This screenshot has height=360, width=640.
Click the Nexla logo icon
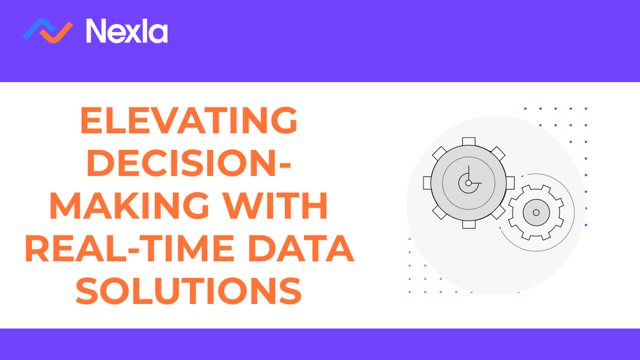47,30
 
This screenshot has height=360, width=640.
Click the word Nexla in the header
127,31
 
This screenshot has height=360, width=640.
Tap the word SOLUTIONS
189,292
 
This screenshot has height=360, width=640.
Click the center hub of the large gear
468,183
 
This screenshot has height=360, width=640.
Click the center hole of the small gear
536,212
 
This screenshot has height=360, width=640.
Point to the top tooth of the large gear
468,141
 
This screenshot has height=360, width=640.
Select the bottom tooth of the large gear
468,225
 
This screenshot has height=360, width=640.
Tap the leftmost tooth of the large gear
427,183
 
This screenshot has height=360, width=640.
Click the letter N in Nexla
97,31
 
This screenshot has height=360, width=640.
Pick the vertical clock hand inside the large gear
468,174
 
